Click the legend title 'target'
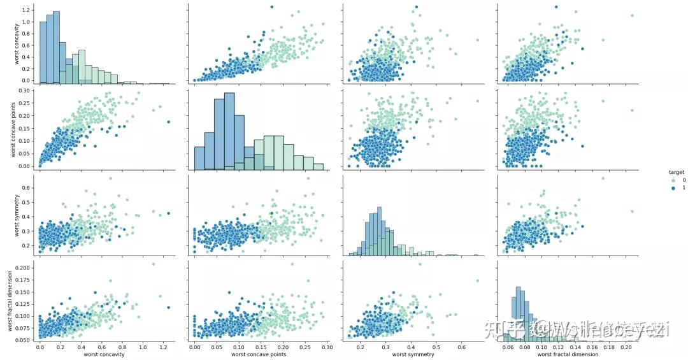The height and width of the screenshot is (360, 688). coord(677,173)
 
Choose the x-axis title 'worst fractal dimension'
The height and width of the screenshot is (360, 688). coord(568,354)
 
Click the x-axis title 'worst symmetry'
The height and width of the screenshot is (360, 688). coord(413,354)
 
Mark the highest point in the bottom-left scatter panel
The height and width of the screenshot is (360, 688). coord(153,264)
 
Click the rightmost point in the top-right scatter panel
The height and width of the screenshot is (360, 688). coord(632,16)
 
